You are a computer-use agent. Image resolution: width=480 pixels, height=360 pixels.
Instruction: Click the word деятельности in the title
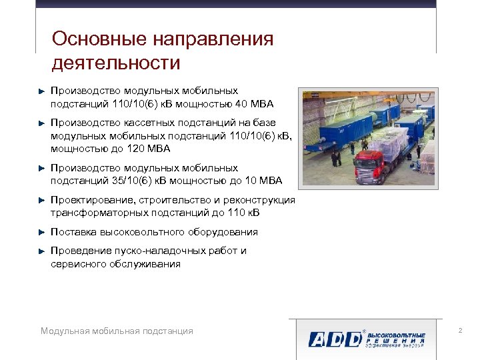pos(115,63)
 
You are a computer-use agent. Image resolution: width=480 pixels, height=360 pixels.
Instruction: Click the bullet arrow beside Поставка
pos(41,233)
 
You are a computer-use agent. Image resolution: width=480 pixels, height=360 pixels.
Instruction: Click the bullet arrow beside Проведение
pos(41,251)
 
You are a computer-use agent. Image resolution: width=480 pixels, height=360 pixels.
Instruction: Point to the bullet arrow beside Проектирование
pos(41,201)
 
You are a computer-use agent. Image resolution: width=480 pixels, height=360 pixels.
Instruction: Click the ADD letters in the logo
pos(333,338)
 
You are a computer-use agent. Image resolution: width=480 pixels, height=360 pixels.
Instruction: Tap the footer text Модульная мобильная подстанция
pos(117,331)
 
